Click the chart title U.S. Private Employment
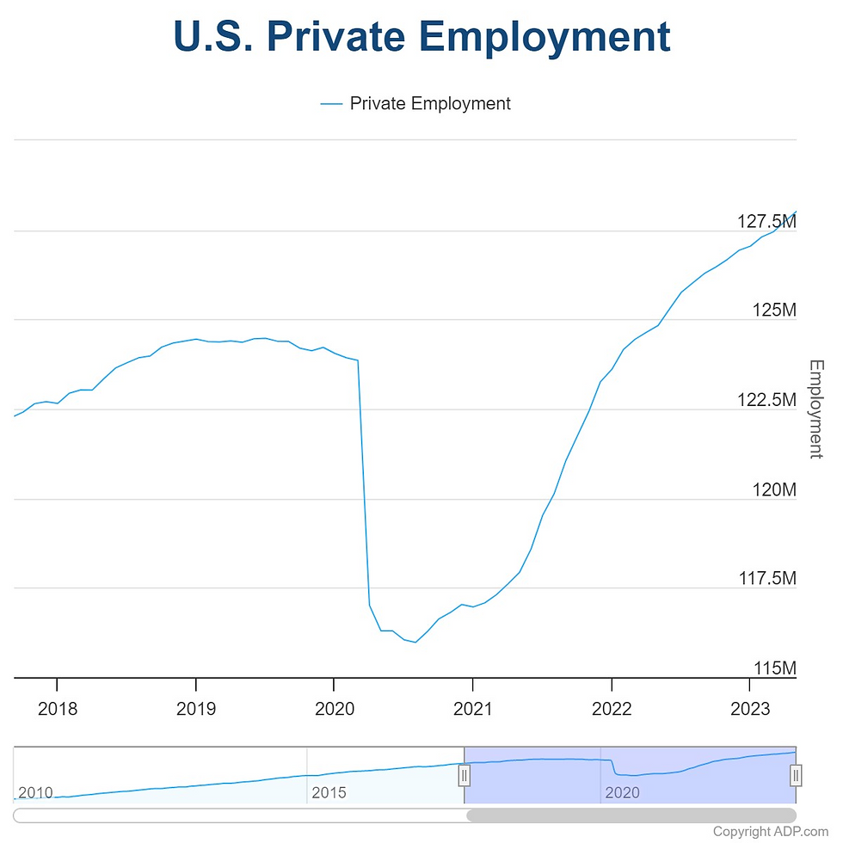pyautogui.click(x=421, y=37)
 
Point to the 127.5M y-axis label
pyautogui.click(x=766, y=221)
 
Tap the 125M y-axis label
pyautogui.click(x=773, y=310)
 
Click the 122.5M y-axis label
pyautogui.click(x=766, y=400)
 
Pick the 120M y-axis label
pyautogui.click(x=773, y=489)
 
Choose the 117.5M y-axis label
pyautogui.click(x=766, y=579)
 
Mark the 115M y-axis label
pyautogui.click(x=773, y=668)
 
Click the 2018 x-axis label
pyautogui.click(x=58, y=709)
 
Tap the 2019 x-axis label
pyautogui.click(x=196, y=709)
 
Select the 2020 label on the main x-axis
pyautogui.click(x=335, y=709)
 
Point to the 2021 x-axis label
pyautogui.click(x=473, y=709)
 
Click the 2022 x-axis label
pyautogui.click(x=612, y=709)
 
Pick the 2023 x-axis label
pyautogui.click(x=750, y=709)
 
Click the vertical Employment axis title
pyautogui.click(x=816, y=409)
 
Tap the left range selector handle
pyautogui.click(x=464, y=775)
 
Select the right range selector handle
pyautogui.click(x=796, y=775)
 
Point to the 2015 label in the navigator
pyautogui.click(x=329, y=791)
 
